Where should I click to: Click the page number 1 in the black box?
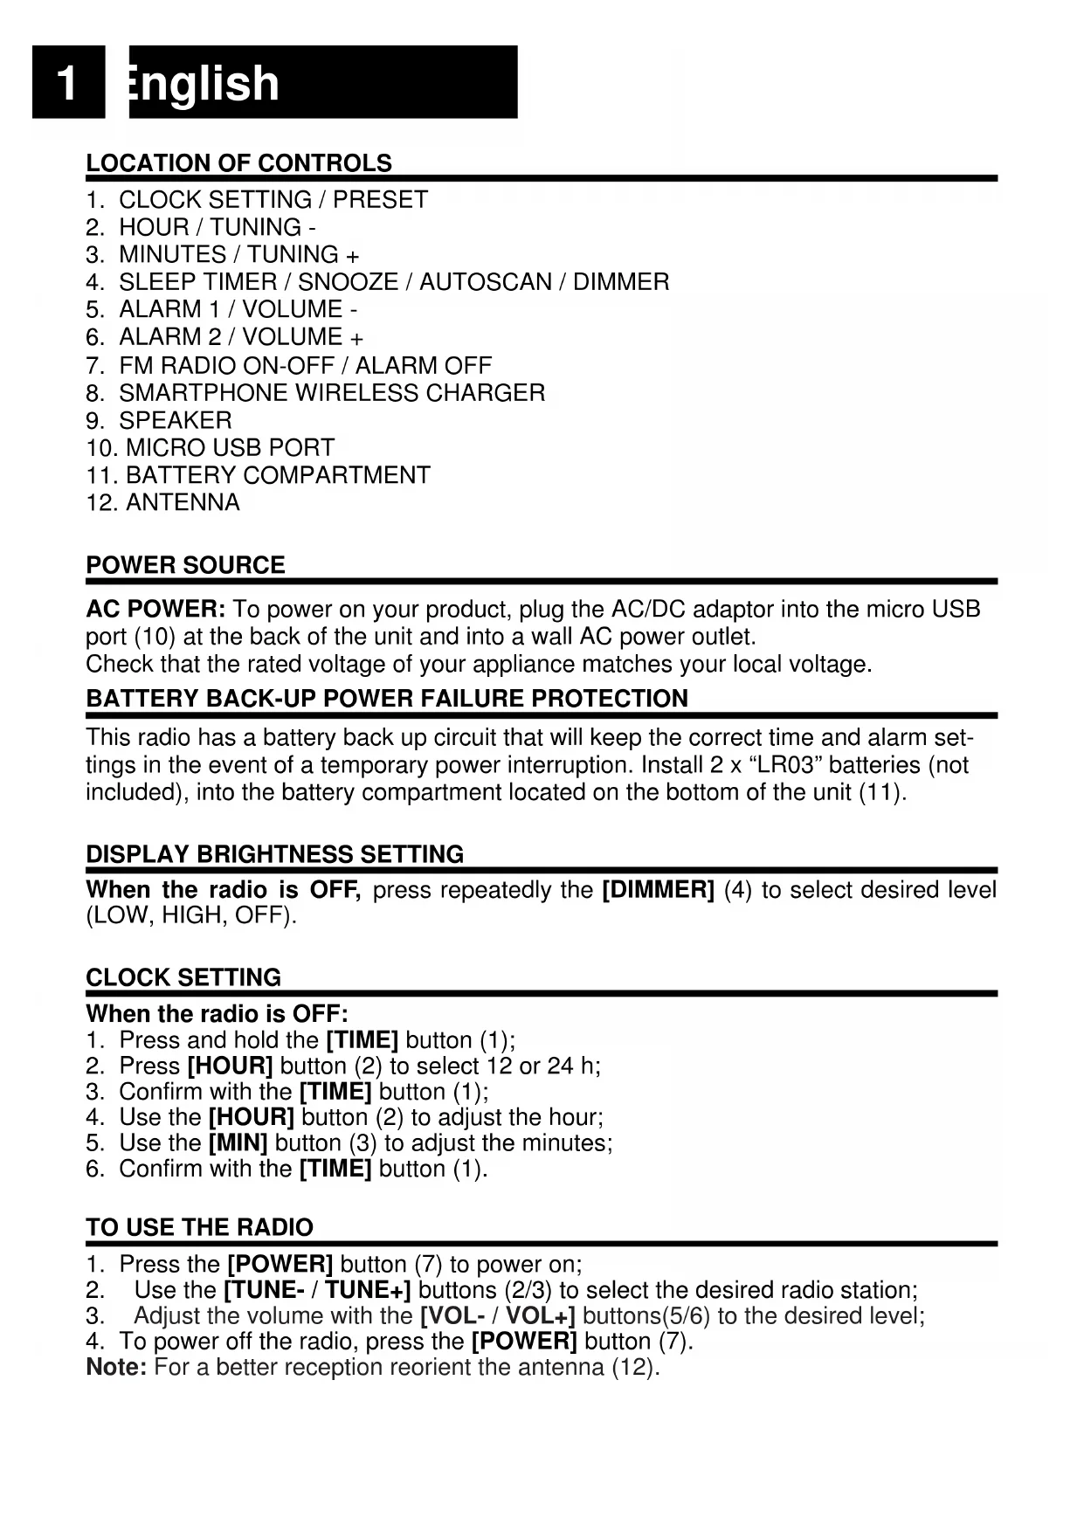tap(66, 84)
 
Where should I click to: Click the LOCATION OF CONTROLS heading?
tap(238, 163)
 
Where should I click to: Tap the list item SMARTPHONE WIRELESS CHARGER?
tap(332, 393)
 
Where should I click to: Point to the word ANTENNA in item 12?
tap(183, 503)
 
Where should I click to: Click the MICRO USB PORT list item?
tap(230, 448)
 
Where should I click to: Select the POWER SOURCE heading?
tap(185, 565)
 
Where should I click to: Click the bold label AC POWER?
tap(156, 609)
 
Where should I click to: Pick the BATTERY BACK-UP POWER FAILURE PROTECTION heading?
tap(387, 699)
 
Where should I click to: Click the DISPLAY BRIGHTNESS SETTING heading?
tap(274, 854)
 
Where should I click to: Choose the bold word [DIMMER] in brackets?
tap(659, 890)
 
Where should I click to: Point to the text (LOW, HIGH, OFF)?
tap(191, 916)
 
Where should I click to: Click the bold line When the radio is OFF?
tap(217, 1014)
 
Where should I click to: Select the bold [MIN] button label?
tap(238, 1143)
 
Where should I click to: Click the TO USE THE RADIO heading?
tap(199, 1227)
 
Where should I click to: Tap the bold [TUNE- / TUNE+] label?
tap(317, 1290)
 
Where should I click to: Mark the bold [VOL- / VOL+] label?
tap(497, 1315)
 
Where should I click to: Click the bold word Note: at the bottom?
tap(116, 1367)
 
